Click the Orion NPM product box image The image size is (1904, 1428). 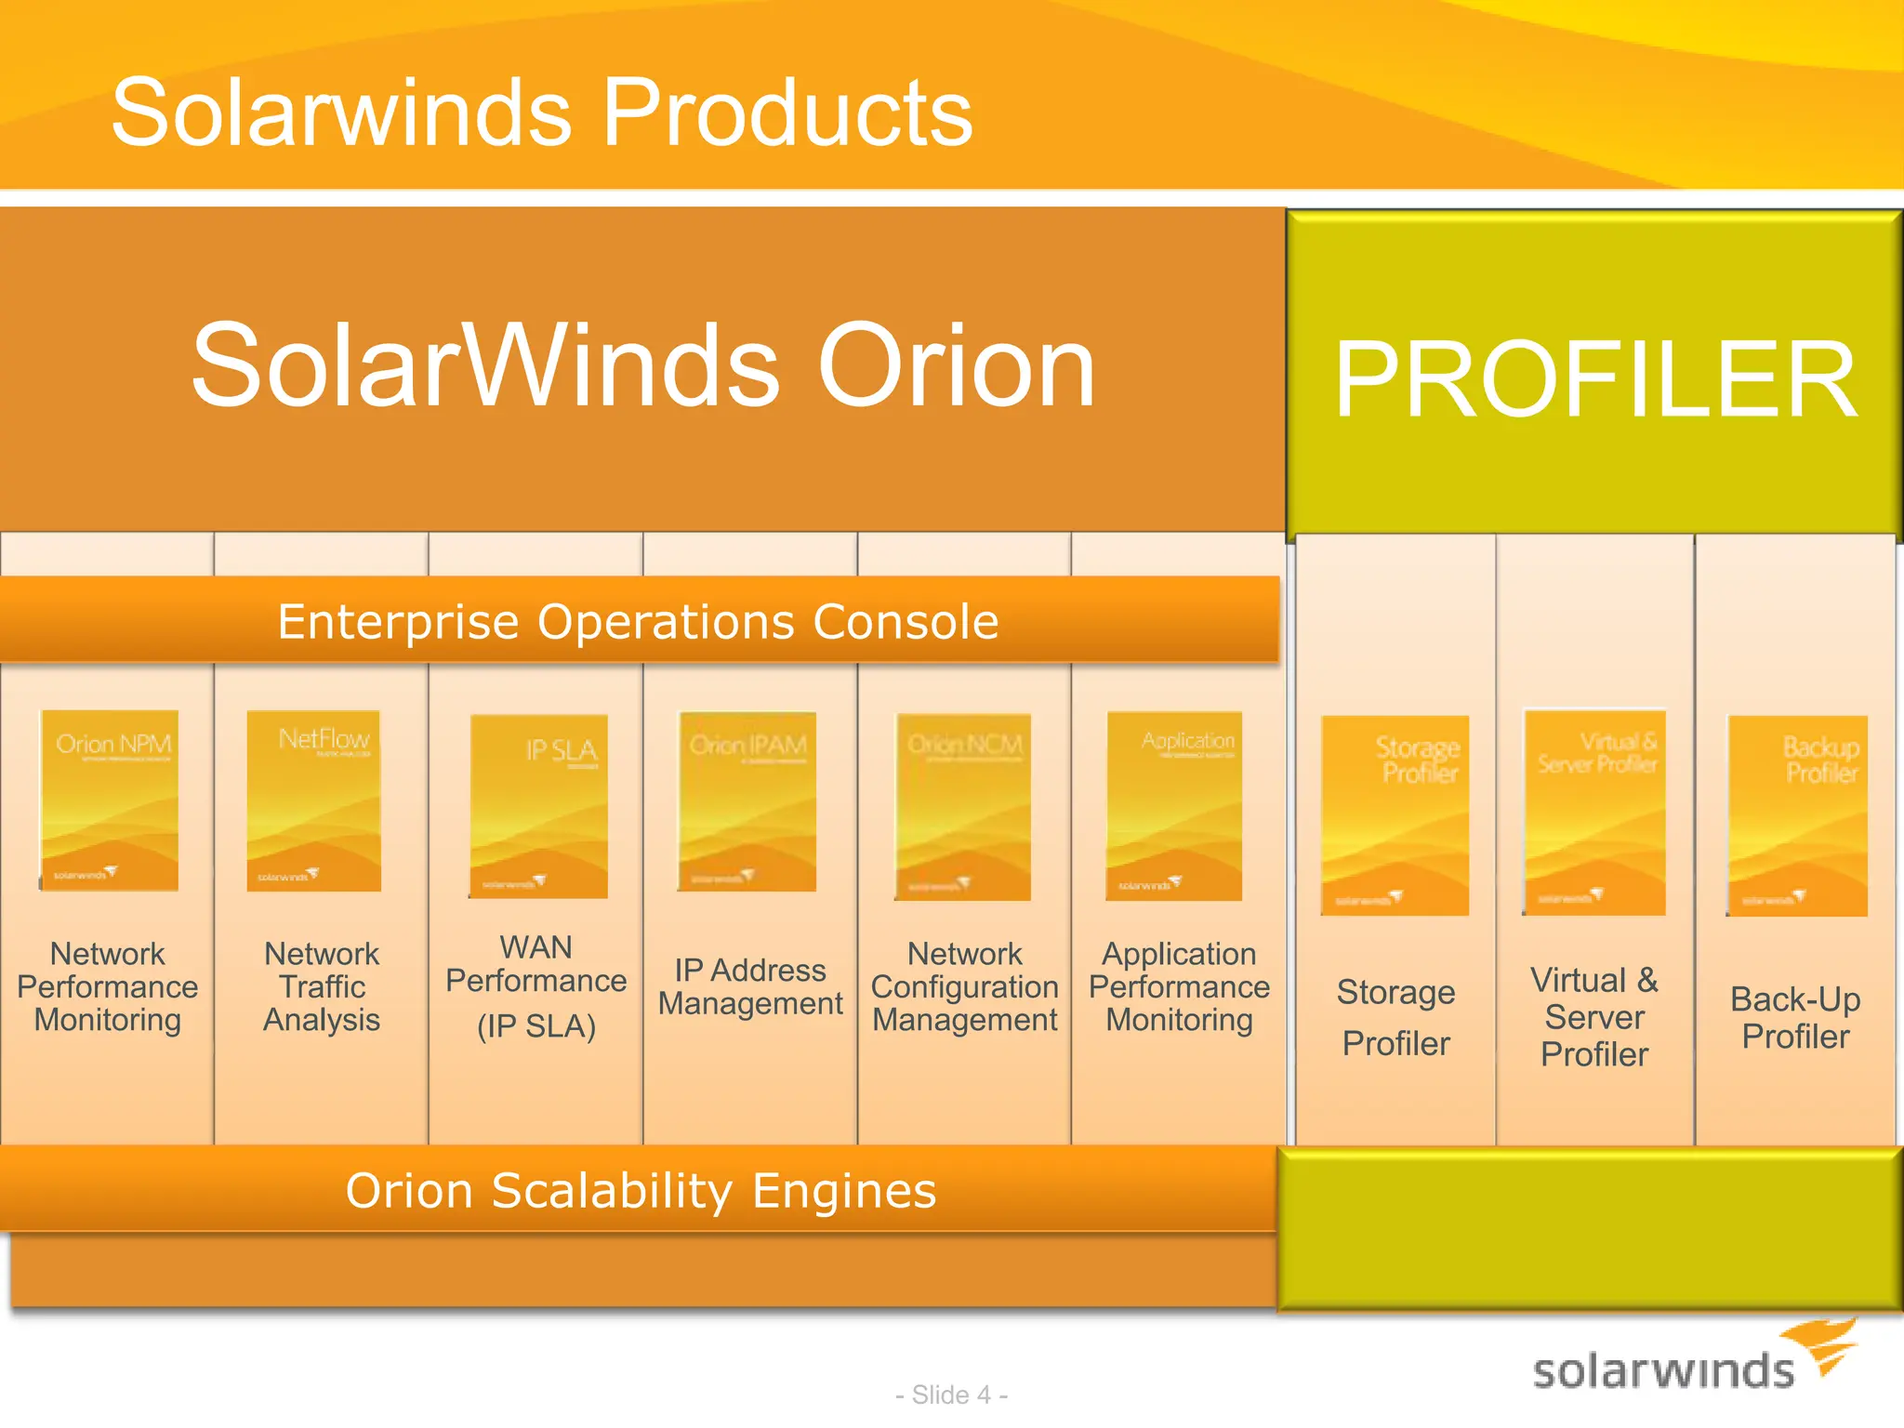(x=109, y=800)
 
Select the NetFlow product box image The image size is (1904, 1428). (x=314, y=800)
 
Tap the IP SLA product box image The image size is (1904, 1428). (x=538, y=806)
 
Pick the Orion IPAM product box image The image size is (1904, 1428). (x=747, y=801)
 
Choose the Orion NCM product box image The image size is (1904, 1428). (x=963, y=806)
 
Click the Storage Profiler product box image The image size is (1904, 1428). (x=1395, y=815)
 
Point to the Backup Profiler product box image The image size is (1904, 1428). (x=1797, y=815)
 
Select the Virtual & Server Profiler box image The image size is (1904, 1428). (x=1593, y=813)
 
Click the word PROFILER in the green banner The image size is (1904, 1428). (x=1595, y=379)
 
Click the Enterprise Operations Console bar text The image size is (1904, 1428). (x=638, y=621)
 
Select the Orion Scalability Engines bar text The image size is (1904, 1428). (x=641, y=1190)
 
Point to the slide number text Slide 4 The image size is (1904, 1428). (x=951, y=1395)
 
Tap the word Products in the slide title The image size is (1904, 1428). (x=787, y=112)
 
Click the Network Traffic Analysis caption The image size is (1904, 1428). (x=322, y=986)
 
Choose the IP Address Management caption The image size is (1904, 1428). (x=750, y=986)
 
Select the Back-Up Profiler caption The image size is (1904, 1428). (x=1795, y=1017)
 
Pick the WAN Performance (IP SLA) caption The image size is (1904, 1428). (x=536, y=986)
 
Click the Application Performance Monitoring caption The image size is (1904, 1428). (x=1179, y=986)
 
